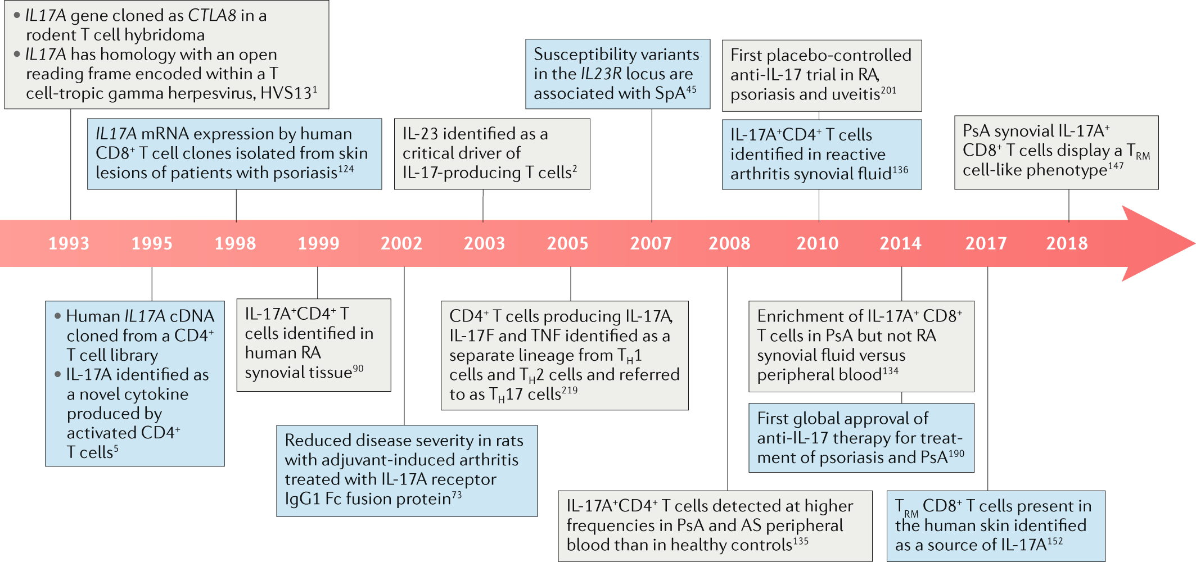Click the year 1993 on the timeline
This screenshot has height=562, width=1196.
point(69,243)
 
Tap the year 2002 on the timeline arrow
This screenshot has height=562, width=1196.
point(401,243)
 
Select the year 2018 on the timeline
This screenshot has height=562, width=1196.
point(1067,243)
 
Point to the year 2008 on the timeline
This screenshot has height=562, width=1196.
point(729,243)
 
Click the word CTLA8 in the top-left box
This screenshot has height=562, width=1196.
point(212,16)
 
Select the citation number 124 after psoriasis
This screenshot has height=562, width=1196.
point(346,169)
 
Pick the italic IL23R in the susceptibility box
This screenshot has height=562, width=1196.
point(601,74)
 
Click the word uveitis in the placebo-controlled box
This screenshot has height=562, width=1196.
point(855,94)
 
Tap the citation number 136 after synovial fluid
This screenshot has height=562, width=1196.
point(900,170)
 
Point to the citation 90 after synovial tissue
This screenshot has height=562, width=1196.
point(358,369)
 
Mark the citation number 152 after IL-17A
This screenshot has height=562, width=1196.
point(1055,541)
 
